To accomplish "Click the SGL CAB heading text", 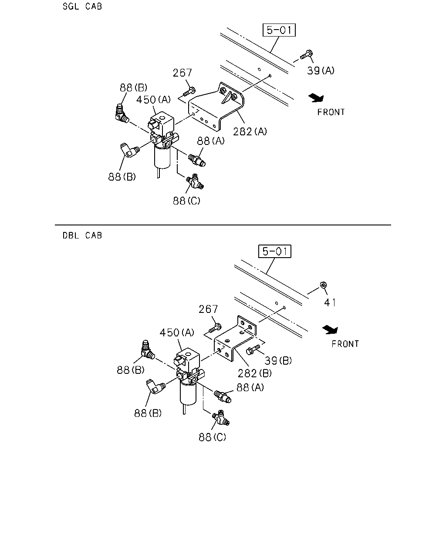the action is [x=82, y=6].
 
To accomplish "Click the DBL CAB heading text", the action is [x=82, y=235].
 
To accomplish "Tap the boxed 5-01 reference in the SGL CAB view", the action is [x=279, y=30].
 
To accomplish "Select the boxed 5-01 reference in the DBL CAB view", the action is [x=275, y=251].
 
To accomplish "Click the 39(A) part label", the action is [x=321, y=70].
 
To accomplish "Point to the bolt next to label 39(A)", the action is [x=307, y=55].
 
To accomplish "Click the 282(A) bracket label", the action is [x=250, y=131].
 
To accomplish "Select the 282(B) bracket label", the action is [x=255, y=373].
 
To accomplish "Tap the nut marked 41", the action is [x=323, y=285].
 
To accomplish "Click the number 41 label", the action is [x=330, y=302].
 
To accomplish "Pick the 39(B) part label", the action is [x=278, y=360].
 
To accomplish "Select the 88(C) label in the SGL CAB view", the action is [x=186, y=201].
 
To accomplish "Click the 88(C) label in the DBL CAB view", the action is [x=212, y=437].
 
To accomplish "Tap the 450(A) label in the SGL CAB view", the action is [x=153, y=99].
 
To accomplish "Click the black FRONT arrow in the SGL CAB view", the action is [x=316, y=98].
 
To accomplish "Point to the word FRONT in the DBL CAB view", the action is [x=345, y=344].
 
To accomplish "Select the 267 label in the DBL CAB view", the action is [x=208, y=309].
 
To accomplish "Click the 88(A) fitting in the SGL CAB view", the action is [x=197, y=160].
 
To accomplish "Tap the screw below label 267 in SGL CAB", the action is [x=189, y=92].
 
